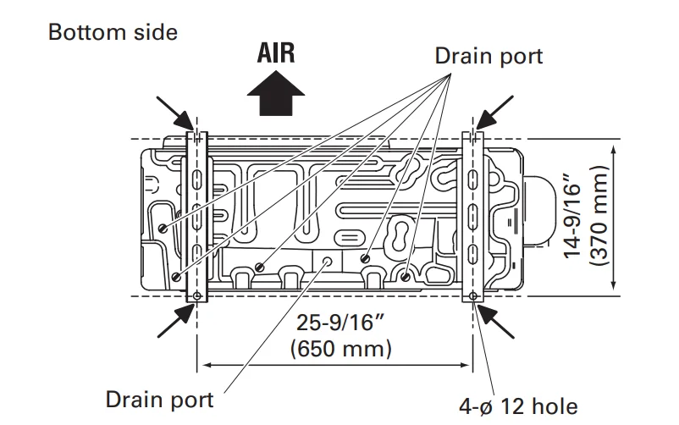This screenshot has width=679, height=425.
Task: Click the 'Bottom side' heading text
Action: click(113, 33)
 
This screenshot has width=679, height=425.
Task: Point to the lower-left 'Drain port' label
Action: click(159, 398)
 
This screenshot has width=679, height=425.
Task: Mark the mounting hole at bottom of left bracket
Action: click(197, 295)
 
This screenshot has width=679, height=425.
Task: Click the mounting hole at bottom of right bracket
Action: click(472, 295)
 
